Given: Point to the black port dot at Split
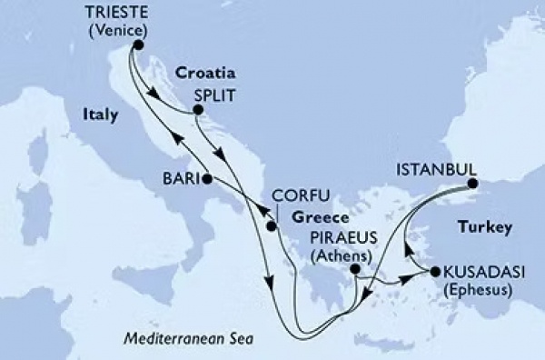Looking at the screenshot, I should [195, 112].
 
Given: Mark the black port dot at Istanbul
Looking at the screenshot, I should [472, 185].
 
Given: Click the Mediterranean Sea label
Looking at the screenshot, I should [186, 338].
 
